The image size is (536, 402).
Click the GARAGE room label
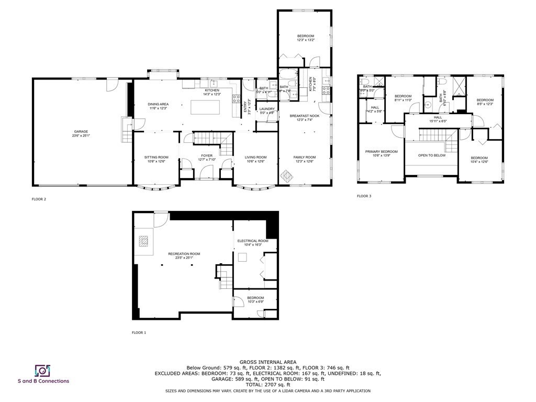pyautogui.click(x=81, y=131)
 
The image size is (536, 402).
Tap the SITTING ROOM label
pyautogui.click(x=156, y=157)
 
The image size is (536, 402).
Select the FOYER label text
pyautogui.click(x=207, y=155)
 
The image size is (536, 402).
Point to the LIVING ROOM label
pyautogui.click(x=256, y=157)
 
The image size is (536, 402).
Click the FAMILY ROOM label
pyautogui.click(x=304, y=157)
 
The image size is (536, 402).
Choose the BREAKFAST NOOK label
pyautogui.click(x=304, y=116)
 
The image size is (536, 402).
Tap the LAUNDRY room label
pyautogui.click(x=267, y=109)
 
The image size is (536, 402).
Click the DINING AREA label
pyautogui.click(x=158, y=104)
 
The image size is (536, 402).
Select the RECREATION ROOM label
pyautogui.click(x=181, y=254)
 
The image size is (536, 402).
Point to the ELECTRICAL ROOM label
pyautogui.click(x=252, y=241)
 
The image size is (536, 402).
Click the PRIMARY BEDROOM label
pyautogui.click(x=381, y=152)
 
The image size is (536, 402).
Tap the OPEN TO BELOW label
pyautogui.click(x=432, y=155)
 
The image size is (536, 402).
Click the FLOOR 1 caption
pyautogui.click(x=139, y=332)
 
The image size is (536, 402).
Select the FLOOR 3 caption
pyautogui.click(x=364, y=196)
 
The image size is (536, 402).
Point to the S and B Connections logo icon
pyautogui.click(x=42, y=371)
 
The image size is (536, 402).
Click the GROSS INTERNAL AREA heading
pyautogui.click(x=268, y=362)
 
